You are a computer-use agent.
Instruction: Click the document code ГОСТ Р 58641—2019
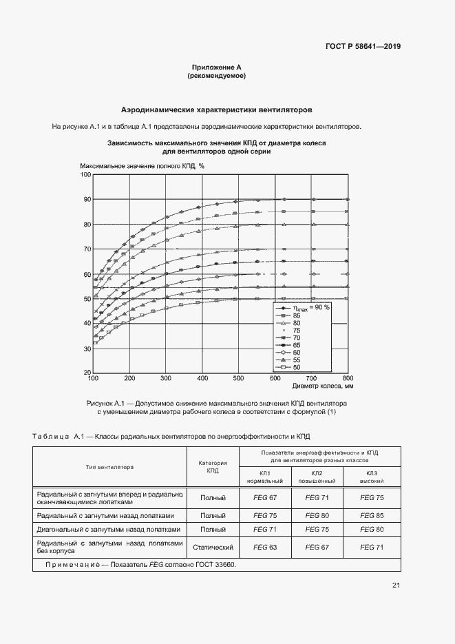tap(363, 47)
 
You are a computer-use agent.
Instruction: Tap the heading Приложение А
tap(217, 67)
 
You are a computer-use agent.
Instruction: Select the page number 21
tap(396, 585)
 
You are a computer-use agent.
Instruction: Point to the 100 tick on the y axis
tap(85, 175)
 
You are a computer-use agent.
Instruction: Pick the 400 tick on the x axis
tap(202, 379)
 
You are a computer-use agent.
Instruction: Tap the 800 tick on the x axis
tap(348, 379)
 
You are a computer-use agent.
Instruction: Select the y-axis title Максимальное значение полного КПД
tap(142, 166)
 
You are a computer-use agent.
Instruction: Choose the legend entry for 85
tap(297, 315)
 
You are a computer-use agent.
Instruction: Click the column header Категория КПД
tap(213, 467)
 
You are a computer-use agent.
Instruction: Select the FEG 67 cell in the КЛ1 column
tap(265, 497)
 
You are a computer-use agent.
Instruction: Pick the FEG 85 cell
tap(372, 515)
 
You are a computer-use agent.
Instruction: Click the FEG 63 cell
tap(265, 547)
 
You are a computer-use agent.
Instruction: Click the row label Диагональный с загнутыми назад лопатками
tap(109, 530)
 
